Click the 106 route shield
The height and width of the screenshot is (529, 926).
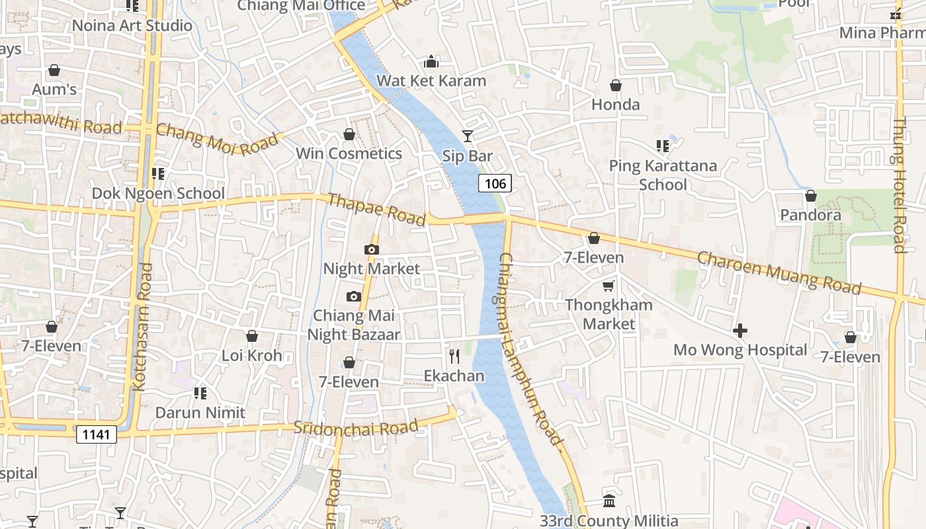[495, 183]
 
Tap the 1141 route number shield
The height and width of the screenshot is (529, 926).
[97, 434]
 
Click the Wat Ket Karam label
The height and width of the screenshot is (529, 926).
[431, 81]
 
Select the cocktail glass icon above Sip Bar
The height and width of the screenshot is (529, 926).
[468, 136]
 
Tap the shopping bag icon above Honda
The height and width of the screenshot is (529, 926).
[616, 85]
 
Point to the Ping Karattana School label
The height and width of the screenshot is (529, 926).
[663, 175]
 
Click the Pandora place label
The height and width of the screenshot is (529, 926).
[810, 215]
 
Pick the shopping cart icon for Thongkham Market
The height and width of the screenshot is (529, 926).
[609, 286]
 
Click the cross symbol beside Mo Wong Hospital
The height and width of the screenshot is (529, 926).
[740, 330]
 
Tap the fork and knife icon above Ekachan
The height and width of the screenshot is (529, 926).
[454, 356]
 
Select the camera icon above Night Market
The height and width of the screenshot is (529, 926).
[372, 249]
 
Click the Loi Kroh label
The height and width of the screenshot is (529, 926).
[251, 355]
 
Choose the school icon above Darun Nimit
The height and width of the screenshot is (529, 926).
[200, 393]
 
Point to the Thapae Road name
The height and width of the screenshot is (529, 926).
[376, 210]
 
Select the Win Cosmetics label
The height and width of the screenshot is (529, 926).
[349, 153]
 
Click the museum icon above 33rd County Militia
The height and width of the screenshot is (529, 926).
[609, 501]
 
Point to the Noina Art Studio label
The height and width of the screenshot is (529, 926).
[132, 26]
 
